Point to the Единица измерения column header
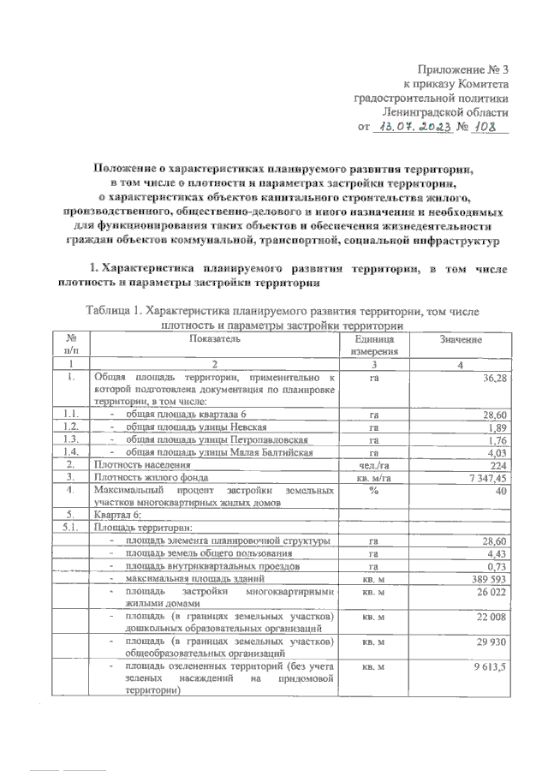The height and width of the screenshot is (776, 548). pos(373,345)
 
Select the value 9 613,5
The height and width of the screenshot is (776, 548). pos(491,666)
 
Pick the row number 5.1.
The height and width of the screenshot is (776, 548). pos(72,528)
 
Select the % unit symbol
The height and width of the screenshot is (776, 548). pos(373,489)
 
